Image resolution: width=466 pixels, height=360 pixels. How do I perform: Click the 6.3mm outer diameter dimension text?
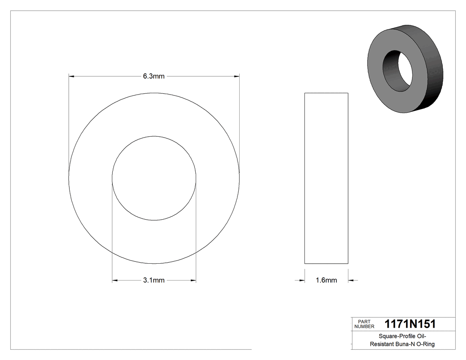(154, 76)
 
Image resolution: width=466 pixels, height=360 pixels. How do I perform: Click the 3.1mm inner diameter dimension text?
(154, 280)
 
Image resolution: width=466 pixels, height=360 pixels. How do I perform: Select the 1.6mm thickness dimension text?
(326, 280)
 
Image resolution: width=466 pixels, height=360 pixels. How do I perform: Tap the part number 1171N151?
(410, 324)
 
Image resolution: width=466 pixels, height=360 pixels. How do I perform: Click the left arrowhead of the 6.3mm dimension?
(71, 76)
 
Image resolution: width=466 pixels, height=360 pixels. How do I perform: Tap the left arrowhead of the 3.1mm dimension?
(115, 280)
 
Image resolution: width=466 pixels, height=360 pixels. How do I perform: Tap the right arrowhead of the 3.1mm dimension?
(193, 280)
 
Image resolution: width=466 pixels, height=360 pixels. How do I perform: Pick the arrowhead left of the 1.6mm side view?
(301, 280)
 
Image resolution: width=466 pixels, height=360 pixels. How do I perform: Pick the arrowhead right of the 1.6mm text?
(351, 280)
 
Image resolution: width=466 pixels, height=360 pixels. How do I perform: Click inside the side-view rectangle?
(326, 178)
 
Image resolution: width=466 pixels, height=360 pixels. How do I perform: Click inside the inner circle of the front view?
(154, 178)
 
